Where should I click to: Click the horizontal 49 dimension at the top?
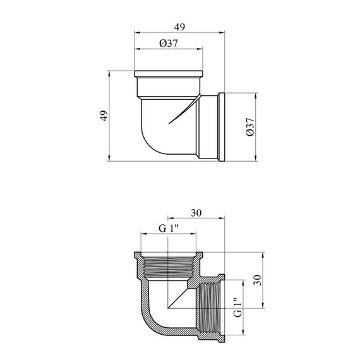(x=179, y=27)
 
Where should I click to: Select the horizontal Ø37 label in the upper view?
(x=169, y=43)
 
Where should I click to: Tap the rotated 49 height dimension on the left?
(x=104, y=116)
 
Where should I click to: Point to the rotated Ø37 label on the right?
(x=250, y=127)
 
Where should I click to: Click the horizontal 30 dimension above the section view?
(x=196, y=213)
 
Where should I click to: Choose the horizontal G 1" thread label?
(x=169, y=228)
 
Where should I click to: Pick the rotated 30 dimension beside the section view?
(x=258, y=280)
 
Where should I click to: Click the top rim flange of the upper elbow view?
(x=169, y=74)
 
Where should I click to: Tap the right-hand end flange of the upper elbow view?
(x=222, y=127)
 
